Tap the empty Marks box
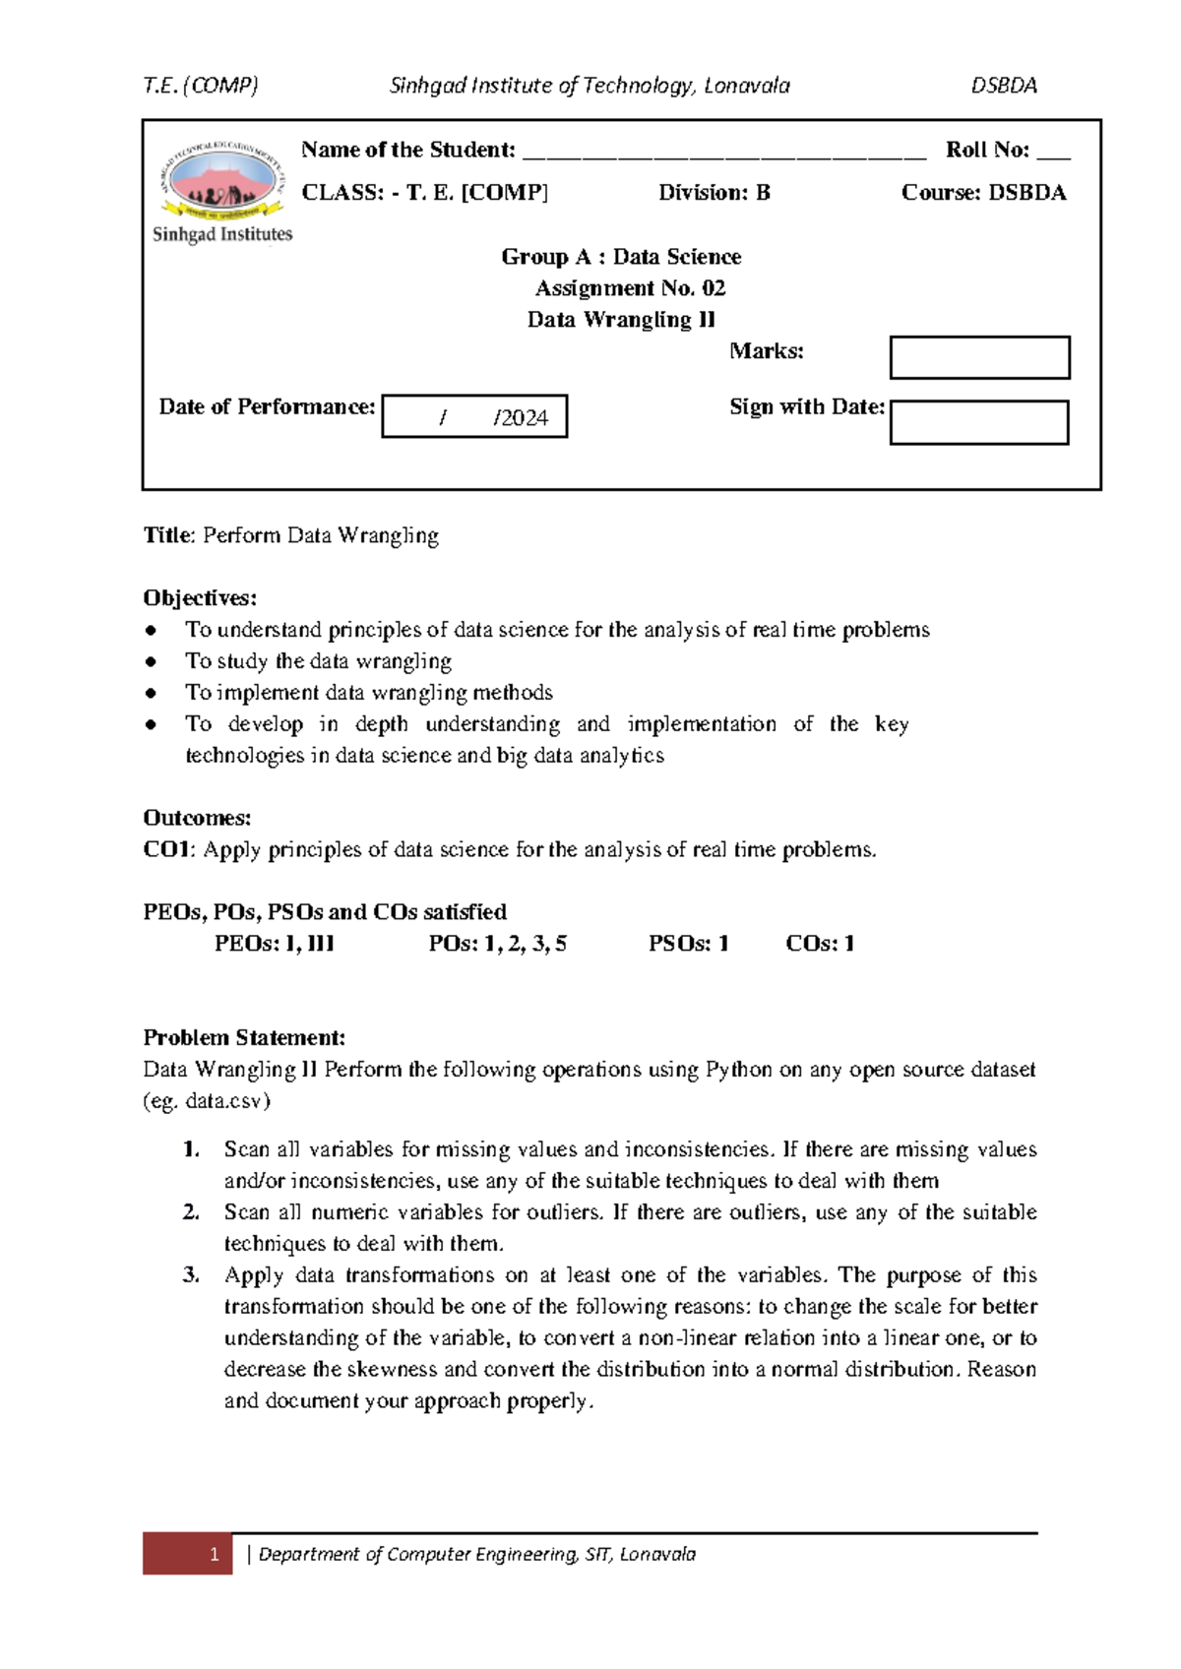(979, 357)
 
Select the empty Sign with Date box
(979, 422)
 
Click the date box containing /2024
(474, 416)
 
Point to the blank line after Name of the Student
(724, 153)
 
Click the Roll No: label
(987, 150)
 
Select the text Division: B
(715, 193)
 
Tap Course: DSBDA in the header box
(983, 193)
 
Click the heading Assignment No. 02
(630, 288)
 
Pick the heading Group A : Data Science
(621, 257)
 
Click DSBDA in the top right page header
(1004, 86)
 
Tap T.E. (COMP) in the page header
(201, 86)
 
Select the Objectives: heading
(200, 598)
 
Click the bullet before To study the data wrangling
(151, 661)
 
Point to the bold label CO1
(168, 849)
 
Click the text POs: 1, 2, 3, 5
(497, 944)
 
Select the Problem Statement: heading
(244, 1037)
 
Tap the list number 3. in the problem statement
(191, 1275)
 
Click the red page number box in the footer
(188, 1554)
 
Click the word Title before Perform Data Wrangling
(168, 535)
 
